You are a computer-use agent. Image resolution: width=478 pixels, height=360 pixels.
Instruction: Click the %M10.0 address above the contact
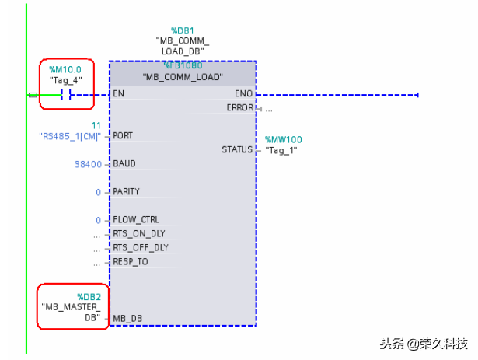pyautogui.click(x=65, y=69)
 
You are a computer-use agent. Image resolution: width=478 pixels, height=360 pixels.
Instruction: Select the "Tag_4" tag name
pyautogui.click(x=65, y=80)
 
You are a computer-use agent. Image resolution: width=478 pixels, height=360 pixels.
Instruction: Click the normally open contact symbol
pyautogui.click(x=67, y=95)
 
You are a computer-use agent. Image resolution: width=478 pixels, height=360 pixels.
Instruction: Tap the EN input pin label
pyautogui.click(x=118, y=93)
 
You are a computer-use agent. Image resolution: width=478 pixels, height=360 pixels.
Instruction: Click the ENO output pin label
pyautogui.click(x=242, y=93)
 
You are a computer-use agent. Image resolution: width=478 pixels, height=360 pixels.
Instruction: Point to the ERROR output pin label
pyautogui.click(x=239, y=107)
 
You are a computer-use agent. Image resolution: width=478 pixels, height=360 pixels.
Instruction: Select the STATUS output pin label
pyautogui.click(x=237, y=149)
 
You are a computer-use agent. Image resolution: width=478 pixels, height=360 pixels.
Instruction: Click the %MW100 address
pyautogui.click(x=283, y=140)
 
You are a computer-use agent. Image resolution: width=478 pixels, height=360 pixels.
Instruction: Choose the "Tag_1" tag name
pyautogui.click(x=281, y=149)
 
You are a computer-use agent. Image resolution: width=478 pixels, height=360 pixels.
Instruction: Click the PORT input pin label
pyautogui.click(x=123, y=135)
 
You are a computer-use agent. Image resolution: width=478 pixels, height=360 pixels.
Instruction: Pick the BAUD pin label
pyautogui.click(x=124, y=164)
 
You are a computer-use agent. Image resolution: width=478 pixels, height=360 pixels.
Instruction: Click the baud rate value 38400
pyautogui.click(x=87, y=164)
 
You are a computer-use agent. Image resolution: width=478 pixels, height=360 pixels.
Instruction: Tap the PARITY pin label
pyautogui.click(x=127, y=191)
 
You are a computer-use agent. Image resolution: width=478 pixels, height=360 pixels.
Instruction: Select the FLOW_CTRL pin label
pyautogui.click(x=135, y=220)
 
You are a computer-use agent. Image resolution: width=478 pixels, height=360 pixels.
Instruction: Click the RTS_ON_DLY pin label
pyautogui.click(x=138, y=233)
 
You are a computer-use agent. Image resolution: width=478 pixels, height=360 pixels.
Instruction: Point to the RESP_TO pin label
pyautogui.click(x=130, y=262)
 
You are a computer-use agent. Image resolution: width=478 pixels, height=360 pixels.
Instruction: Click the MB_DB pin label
pyautogui.click(x=127, y=318)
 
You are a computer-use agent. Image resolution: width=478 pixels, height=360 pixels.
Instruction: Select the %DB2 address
pyautogui.click(x=89, y=297)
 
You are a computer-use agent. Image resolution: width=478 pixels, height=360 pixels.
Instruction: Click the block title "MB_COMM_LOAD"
pyautogui.click(x=183, y=78)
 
